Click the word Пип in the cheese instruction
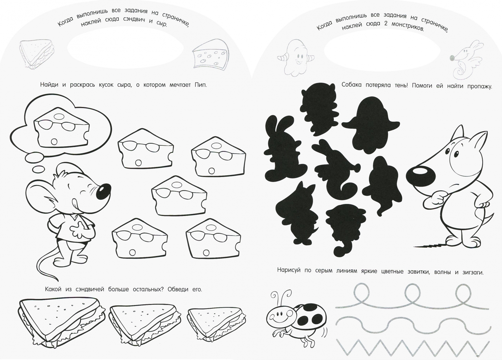pos(200,85)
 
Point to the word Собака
pos(352,85)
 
